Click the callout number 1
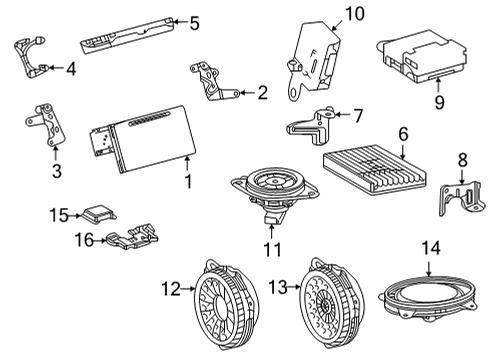tap(187, 182)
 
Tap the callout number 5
tap(194, 22)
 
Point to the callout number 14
tap(430, 245)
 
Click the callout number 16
tap(87, 240)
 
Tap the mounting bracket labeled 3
tap(45, 125)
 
